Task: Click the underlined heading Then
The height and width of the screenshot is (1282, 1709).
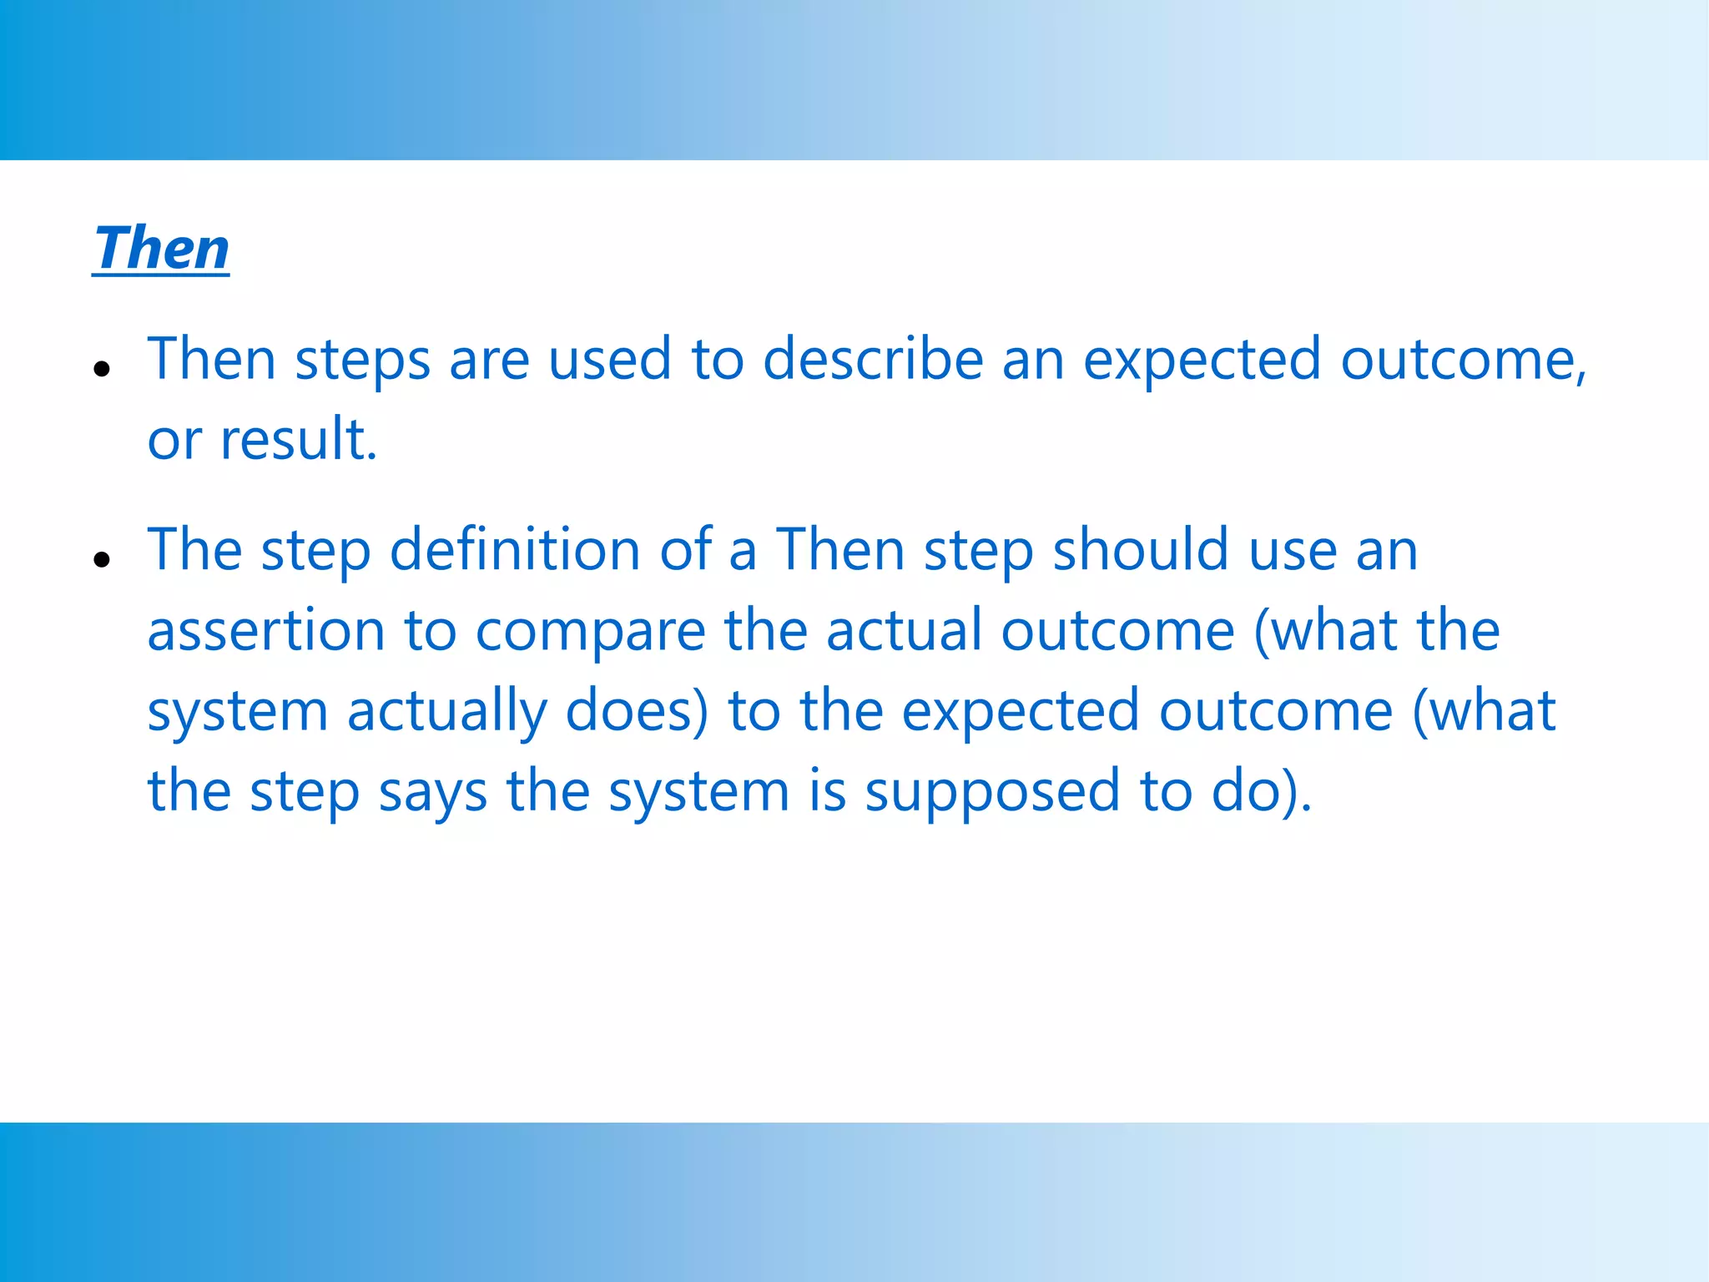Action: coord(161,248)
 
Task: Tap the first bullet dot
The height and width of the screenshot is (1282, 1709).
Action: coord(102,368)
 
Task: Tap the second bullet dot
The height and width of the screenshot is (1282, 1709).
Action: coord(102,559)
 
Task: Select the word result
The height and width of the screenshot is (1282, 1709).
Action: coord(297,439)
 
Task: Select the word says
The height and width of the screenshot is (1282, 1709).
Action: coord(432,791)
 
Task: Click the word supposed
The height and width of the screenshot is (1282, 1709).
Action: coord(991,791)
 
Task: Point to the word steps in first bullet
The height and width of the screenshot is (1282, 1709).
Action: coord(362,361)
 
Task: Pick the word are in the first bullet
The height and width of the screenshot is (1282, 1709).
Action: coord(489,361)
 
